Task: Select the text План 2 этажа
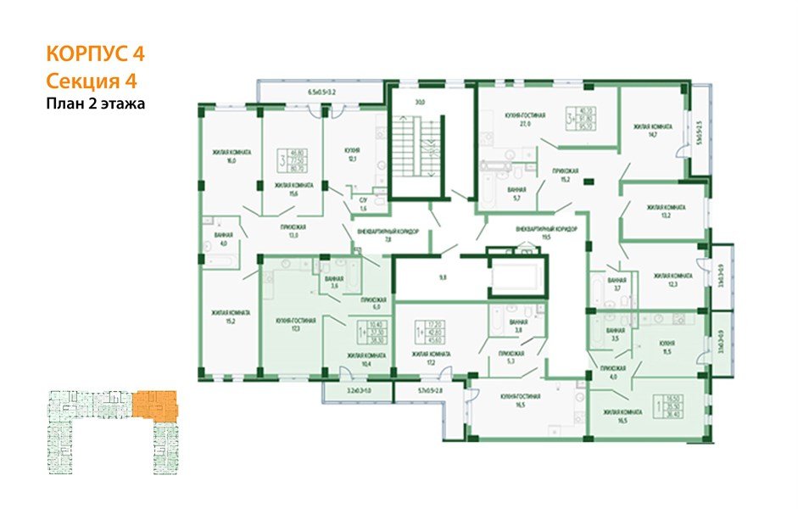(96, 105)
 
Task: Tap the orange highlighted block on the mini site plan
(154, 403)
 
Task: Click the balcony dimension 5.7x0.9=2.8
(436, 391)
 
